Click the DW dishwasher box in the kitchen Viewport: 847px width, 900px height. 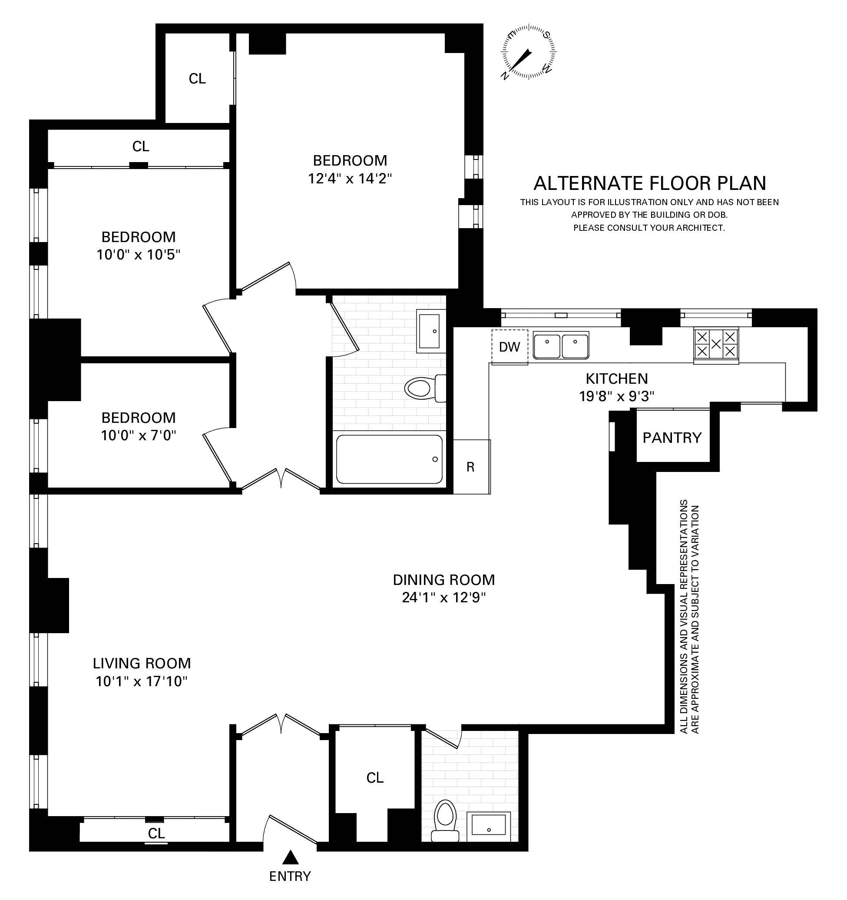tap(510, 347)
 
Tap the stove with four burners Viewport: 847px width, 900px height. tap(716, 345)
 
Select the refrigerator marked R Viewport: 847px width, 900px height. tap(471, 467)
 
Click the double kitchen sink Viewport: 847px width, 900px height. tap(561, 346)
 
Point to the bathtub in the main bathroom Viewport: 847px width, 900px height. tap(389, 459)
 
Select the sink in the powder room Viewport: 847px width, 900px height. tap(488, 824)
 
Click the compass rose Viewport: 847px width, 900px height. tap(528, 53)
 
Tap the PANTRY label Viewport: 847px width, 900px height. tap(672, 438)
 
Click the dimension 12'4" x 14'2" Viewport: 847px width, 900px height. tap(350, 179)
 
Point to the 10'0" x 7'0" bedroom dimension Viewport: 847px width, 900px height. tap(139, 435)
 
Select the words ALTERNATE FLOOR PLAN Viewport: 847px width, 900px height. tap(650, 183)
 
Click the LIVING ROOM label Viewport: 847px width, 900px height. tap(142, 663)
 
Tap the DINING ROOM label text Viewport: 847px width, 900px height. tap(443, 580)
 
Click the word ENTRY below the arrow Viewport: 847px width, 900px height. tap(290, 876)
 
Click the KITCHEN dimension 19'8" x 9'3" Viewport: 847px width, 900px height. tap(617, 397)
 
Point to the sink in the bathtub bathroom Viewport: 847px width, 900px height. tap(430, 332)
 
